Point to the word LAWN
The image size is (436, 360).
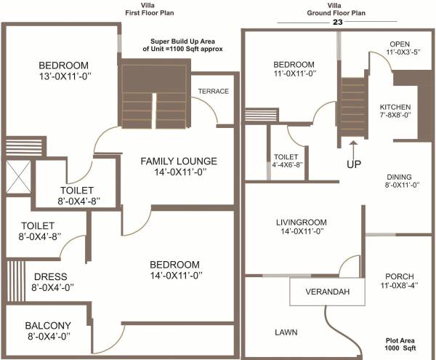tap(286, 332)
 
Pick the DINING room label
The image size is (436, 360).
tap(399, 177)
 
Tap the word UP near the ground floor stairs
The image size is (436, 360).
tap(353, 164)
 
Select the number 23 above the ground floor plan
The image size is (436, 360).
tap(337, 23)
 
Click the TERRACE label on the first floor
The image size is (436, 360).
tap(214, 91)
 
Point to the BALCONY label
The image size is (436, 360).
tap(48, 326)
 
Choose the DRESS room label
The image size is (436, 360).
tap(50, 276)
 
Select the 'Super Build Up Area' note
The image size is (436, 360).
tap(186, 45)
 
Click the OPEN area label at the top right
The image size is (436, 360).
tap(400, 44)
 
